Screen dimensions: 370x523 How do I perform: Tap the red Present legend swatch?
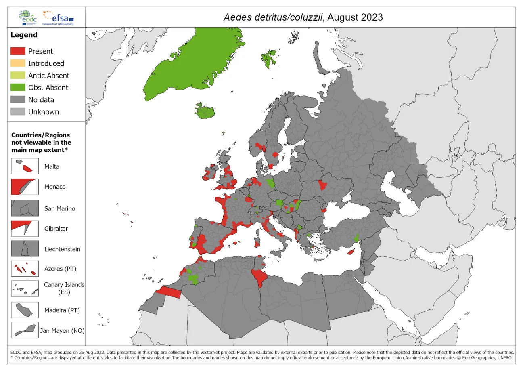coord(18,51)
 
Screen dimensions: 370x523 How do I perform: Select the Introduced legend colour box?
coord(18,63)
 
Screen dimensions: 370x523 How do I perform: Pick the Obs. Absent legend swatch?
coord(18,88)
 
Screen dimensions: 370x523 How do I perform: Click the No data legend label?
coord(41,100)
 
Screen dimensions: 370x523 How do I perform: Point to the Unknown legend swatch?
coord(18,112)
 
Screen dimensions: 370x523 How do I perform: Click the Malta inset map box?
coord(25,166)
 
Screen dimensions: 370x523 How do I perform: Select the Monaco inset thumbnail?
coord(25,187)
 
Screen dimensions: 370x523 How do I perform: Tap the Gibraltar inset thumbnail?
coord(25,228)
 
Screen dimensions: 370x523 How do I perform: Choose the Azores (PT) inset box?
coord(25,269)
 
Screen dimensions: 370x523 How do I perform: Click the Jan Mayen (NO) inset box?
coord(25,330)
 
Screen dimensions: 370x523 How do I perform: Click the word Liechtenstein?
coord(62,249)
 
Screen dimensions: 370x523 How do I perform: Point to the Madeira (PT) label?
coord(62,310)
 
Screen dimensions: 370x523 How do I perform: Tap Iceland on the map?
coord(206,111)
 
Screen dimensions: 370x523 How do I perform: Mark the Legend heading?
coord(24,35)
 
